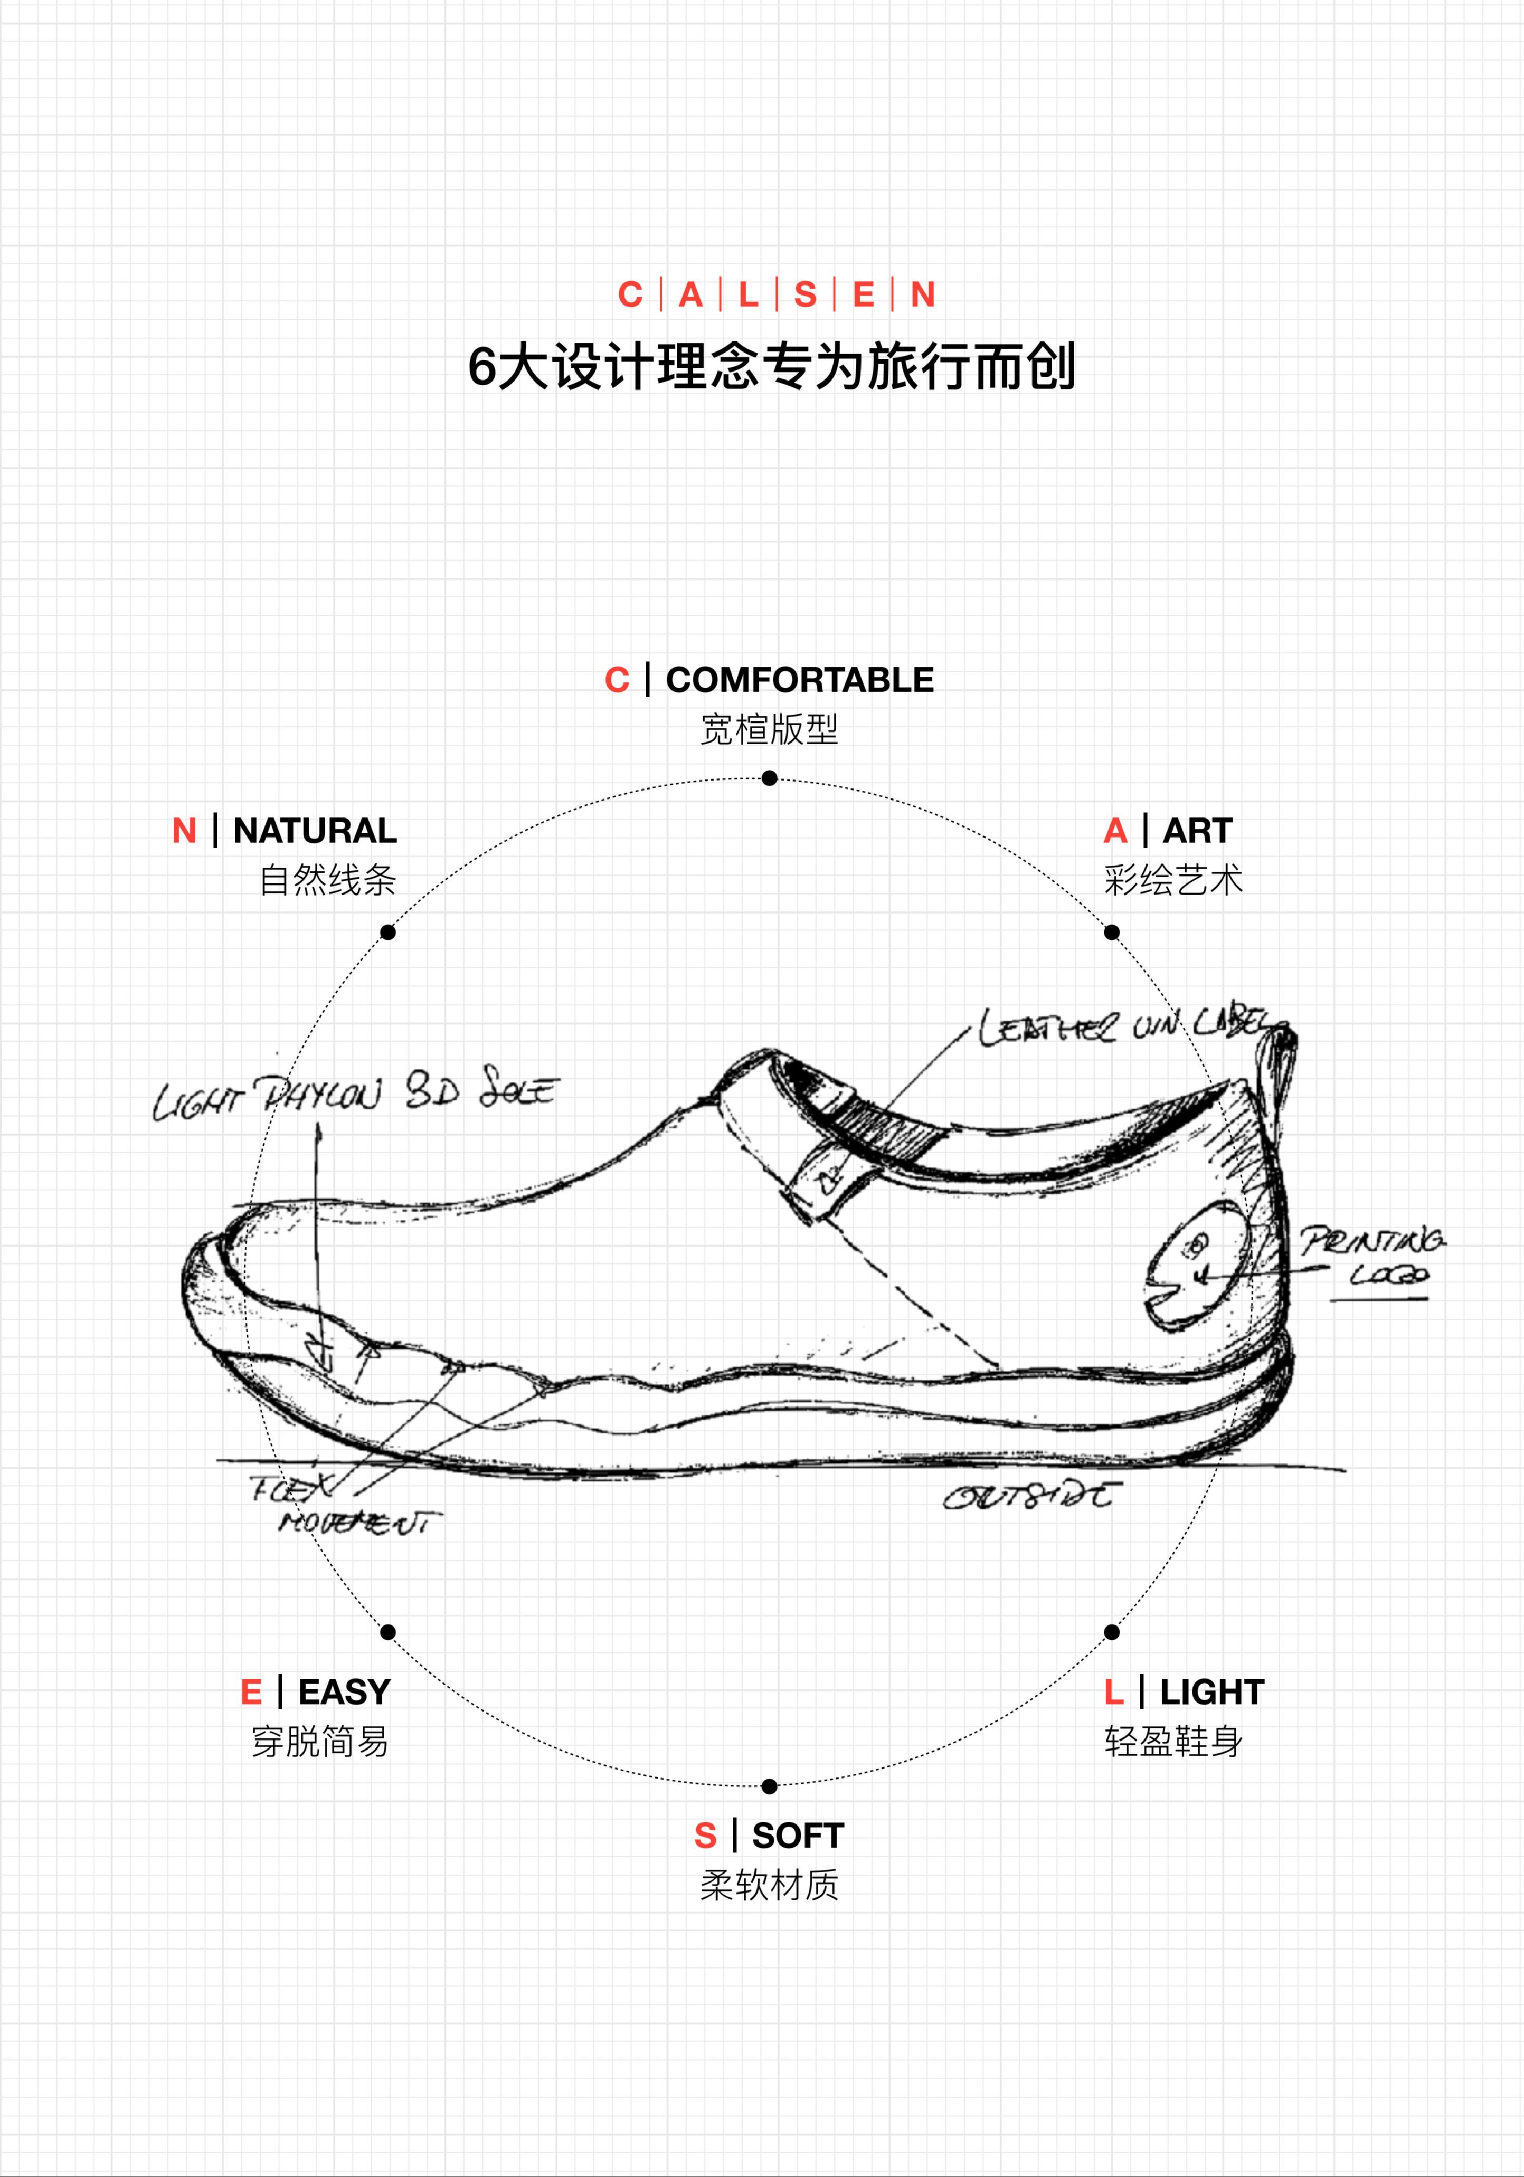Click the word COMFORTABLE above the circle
point(799,680)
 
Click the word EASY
point(344,1691)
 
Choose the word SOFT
point(798,1836)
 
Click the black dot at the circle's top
point(769,778)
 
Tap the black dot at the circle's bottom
point(769,1786)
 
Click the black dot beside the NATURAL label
point(388,933)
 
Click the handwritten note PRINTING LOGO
point(1375,1256)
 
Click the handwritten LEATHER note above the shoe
point(1129,1026)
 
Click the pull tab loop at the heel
point(1280,1071)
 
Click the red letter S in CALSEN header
point(805,295)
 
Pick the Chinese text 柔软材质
point(769,1886)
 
